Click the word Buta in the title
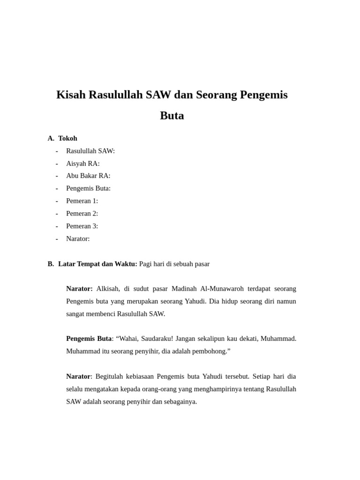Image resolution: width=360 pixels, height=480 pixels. tap(172, 116)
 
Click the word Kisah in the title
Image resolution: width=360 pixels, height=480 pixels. tap(71, 95)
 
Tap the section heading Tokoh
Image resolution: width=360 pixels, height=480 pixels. tap(67, 138)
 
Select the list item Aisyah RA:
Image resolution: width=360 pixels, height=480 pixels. tap(82, 164)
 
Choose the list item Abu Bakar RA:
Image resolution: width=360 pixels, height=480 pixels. tap(88, 176)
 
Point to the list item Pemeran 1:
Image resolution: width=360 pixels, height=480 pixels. tap(82, 201)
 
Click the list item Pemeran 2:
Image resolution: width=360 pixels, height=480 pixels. tap(82, 214)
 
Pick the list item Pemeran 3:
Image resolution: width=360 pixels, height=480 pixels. tap(82, 226)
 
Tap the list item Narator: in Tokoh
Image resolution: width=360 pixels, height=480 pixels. tap(78, 239)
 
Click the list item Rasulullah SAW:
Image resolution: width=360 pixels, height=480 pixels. tap(90, 151)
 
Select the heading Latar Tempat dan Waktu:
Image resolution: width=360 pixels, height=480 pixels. tap(97, 264)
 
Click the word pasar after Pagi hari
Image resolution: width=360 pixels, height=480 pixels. tap(200, 264)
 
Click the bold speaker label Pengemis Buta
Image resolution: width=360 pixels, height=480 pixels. tap(89, 339)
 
